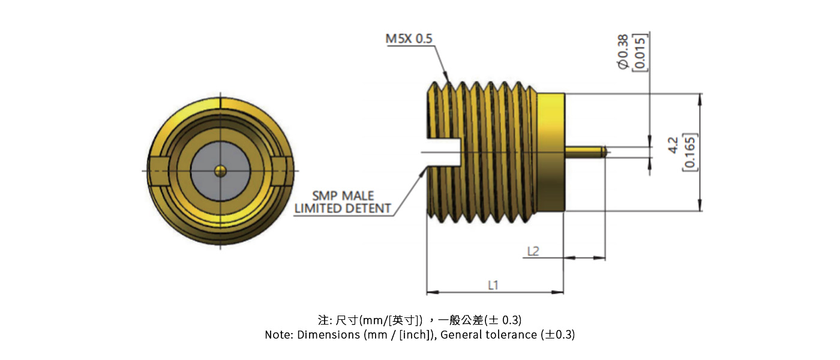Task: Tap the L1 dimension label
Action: pos(493,286)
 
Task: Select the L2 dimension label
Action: pos(532,251)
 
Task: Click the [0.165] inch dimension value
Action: pos(689,152)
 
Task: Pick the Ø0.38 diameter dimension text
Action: pos(623,53)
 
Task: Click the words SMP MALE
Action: pos(343,196)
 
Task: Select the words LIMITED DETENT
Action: pos(343,209)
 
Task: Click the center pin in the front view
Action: pos(221,172)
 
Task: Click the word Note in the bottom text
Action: pos(278,335)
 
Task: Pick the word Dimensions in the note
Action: pos(328,335)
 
